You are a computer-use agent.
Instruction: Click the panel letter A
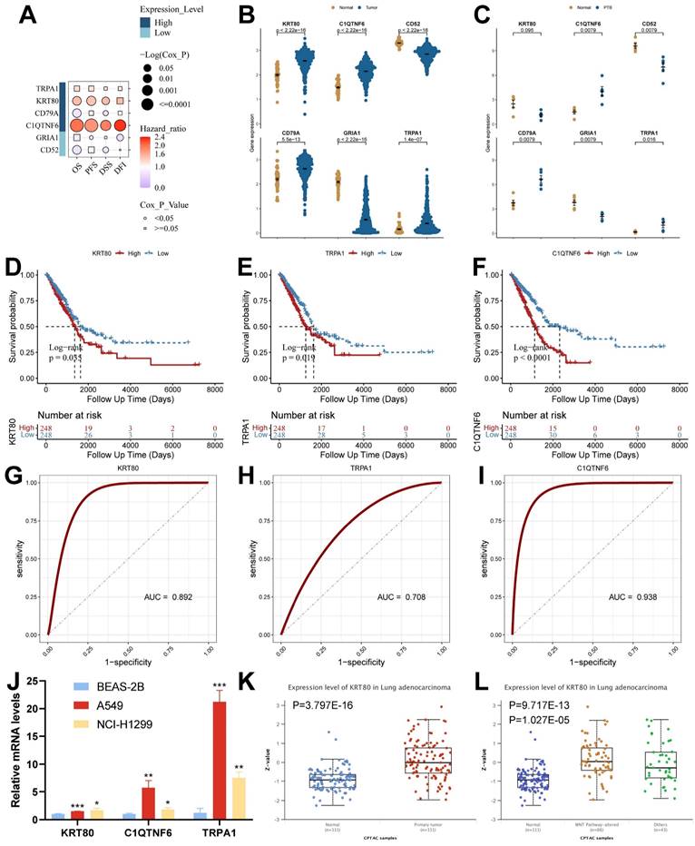coord(21,17)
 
